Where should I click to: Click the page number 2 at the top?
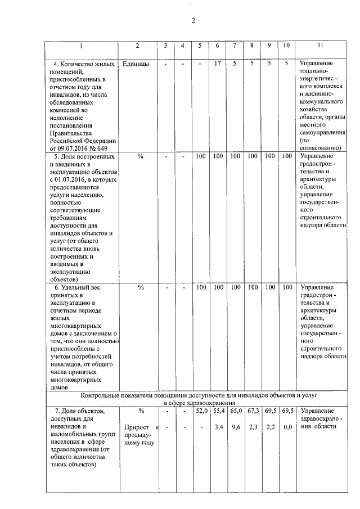192,21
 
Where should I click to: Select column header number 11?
320,45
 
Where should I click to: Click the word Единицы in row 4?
136,64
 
